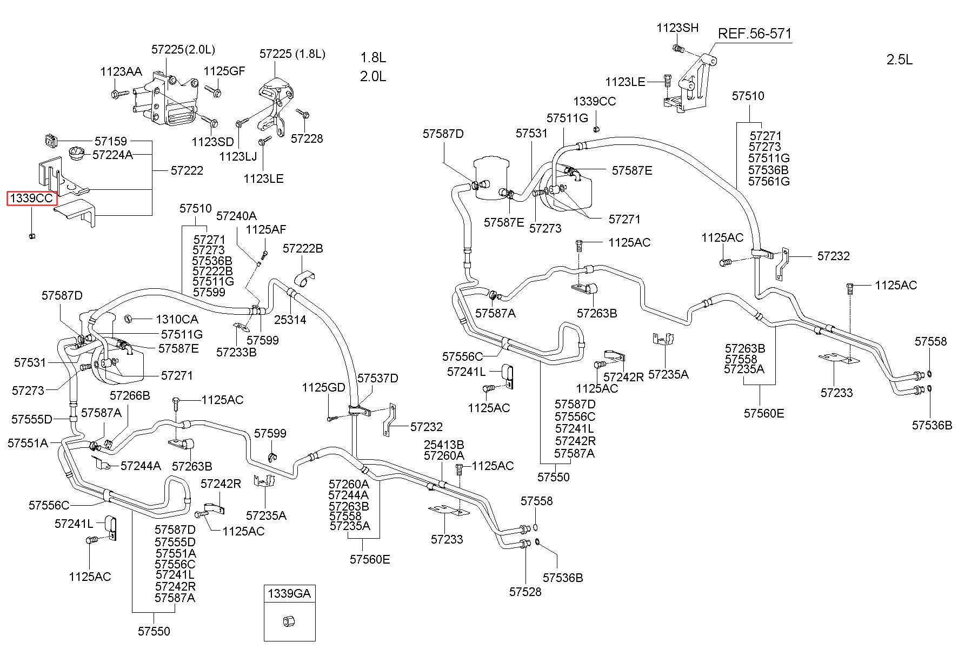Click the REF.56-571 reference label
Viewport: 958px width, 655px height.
pos(754,34)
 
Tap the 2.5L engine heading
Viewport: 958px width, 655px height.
pos(900,59)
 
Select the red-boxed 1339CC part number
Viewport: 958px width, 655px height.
pos(32,199)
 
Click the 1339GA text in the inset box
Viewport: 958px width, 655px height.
pos(289,593)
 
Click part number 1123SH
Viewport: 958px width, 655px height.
pos(677,28)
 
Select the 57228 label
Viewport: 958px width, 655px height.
pos(307,138)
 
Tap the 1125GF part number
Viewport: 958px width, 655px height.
pos(224,71)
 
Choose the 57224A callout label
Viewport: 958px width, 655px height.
pos(112,155)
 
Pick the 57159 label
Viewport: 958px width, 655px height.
pos(111,141)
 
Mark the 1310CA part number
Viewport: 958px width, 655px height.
pos(177,320)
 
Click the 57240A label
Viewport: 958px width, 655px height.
pos(236,216)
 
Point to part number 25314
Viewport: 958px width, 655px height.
pos(290,320)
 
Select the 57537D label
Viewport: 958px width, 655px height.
pos(378,378)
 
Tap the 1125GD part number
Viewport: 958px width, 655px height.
pos(323,387)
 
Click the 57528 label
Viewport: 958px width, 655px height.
pos(525,592)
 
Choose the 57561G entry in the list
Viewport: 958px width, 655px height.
pos(769,181)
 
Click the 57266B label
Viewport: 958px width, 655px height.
pos(130,395)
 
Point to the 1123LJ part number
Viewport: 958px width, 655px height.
pos(238,157)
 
